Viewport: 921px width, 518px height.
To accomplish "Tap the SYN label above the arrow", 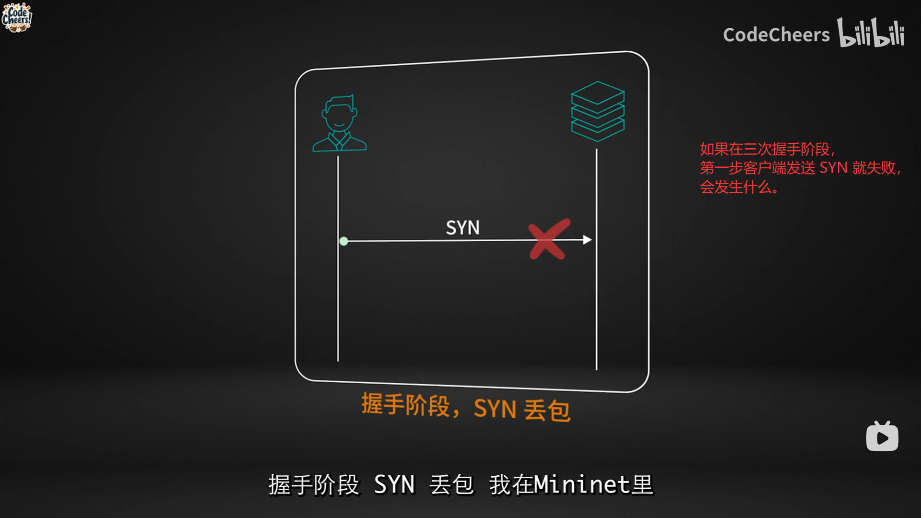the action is (462, 228).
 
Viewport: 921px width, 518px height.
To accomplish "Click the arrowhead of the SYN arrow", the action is (587, 240).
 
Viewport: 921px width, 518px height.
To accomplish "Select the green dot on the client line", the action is (343, 241).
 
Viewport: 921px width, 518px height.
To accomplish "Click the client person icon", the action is (340, 124).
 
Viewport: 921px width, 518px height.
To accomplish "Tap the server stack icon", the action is (598, 111).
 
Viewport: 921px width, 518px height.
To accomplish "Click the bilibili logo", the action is (871, 33).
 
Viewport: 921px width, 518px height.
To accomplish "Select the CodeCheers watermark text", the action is (776, 35).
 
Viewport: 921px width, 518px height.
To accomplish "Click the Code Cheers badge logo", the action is (16, 18).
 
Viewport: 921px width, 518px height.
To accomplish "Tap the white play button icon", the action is (882, 437).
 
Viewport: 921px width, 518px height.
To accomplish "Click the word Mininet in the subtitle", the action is (582, 484).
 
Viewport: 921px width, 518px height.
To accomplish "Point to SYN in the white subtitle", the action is (394, 484).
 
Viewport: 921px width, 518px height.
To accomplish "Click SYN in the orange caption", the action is (495, 409).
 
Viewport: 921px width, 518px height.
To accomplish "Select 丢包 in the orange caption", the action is (547, 411).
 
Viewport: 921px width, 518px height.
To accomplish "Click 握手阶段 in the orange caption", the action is (406, 405).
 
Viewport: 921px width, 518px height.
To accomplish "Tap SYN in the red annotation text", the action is (833, 168).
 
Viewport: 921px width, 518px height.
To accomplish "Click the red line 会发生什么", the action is (738, 187).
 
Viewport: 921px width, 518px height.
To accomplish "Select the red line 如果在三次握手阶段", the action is (766, 149).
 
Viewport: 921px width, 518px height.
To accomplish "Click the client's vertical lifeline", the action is (338, 307).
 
